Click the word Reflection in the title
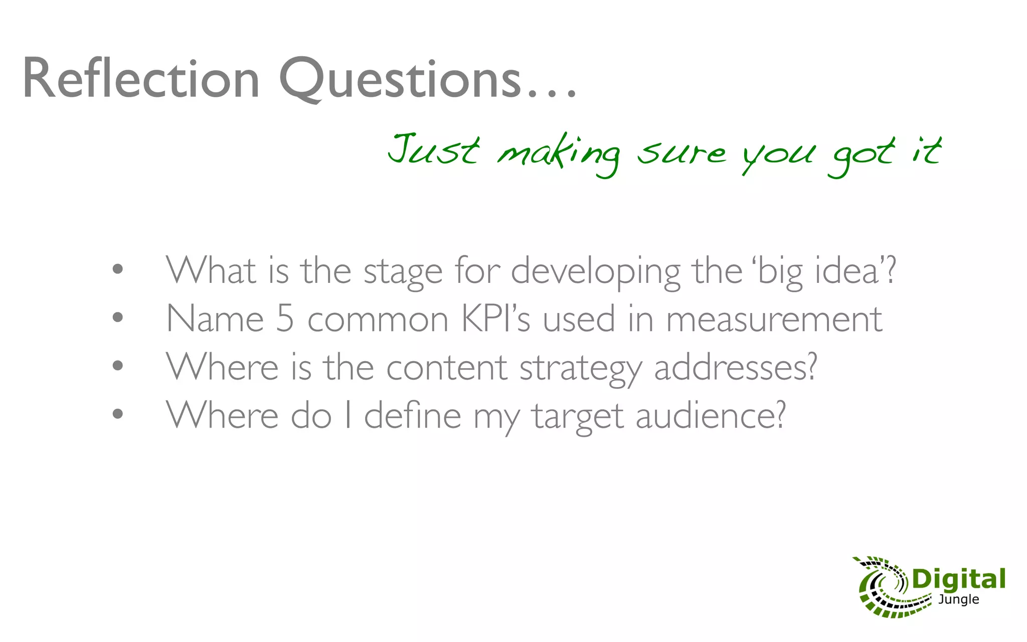[x=141, y=79]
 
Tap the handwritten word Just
[x=434, y=149]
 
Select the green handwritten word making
[x=558, y=153]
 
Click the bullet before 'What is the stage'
[x=118, y=269]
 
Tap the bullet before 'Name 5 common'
[x=118, y=317]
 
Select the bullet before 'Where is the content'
[x=118, y=366]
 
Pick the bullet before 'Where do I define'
[x=118, y=414]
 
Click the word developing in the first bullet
[x=595, y=271]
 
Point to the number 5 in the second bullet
[x=285, y=318]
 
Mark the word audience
[x=710, y=416]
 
